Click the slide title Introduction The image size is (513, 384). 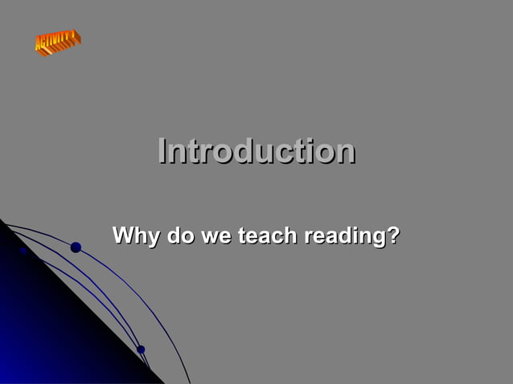(x=256, y=151)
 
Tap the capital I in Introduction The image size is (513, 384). (x=163, y=151)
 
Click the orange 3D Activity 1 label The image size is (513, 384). (x=57, y=42)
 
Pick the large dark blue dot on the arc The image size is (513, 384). (x=76, y=247)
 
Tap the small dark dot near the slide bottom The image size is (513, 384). (x=141, y=349)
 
